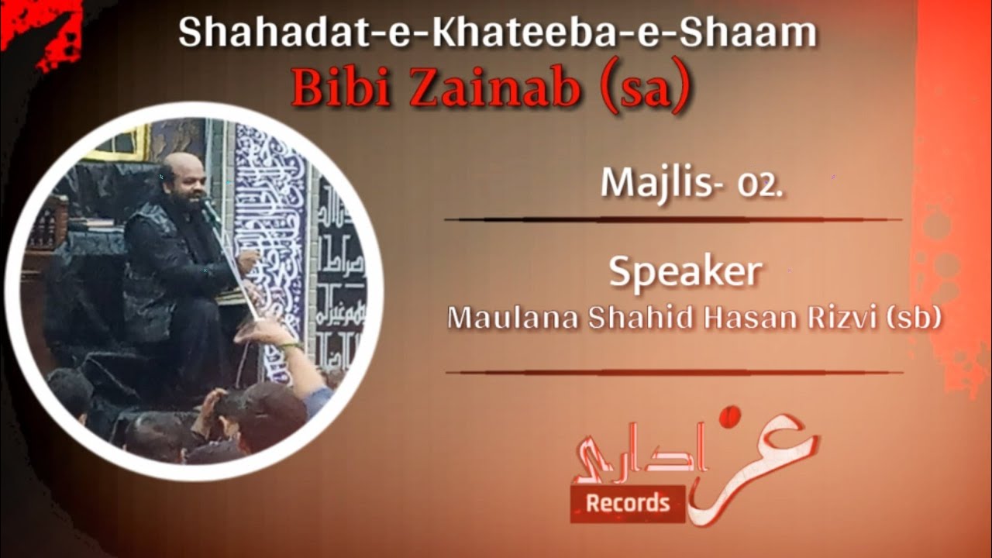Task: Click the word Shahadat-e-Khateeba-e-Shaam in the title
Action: tap(497, 33)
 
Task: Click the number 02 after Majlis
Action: tap(759, 186)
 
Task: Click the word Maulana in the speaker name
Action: tap(512, 318)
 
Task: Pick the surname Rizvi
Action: tap(825, 318)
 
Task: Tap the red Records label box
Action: tap(627, 504)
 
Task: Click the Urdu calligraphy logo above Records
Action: tap(697, 457)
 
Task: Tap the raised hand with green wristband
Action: tap(267, 332)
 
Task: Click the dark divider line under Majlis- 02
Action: tap(673, 219)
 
